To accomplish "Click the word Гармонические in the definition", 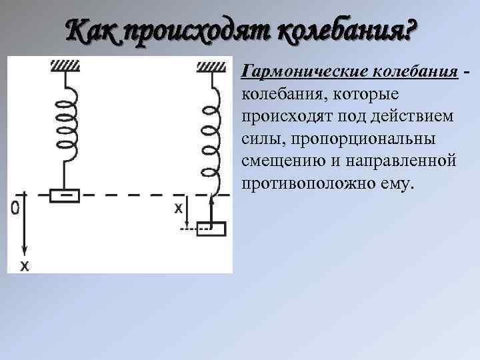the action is click(294, 71).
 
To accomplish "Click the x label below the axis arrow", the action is click(25, 265).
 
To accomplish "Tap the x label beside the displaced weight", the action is click(178, 208).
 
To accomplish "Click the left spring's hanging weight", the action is click(65, 195).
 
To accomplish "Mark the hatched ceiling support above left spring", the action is click(65, 65).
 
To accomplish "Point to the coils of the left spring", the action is click(65, 127).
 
